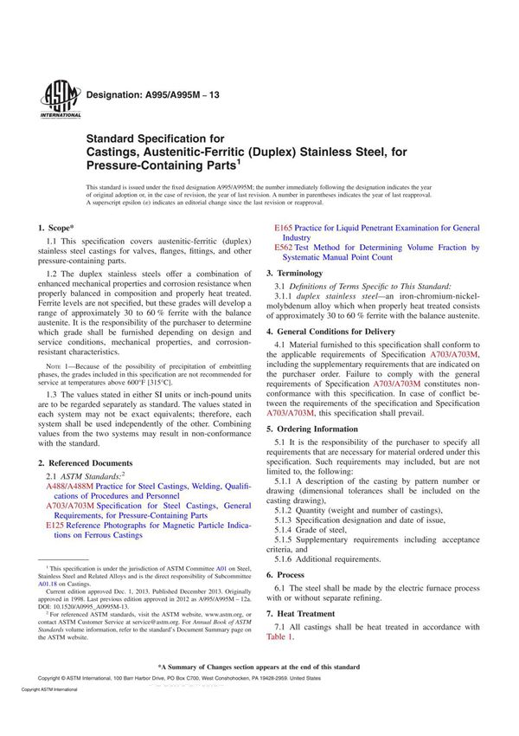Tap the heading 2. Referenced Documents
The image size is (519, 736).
[86, 464]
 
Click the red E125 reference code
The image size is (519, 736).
[54, 526]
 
